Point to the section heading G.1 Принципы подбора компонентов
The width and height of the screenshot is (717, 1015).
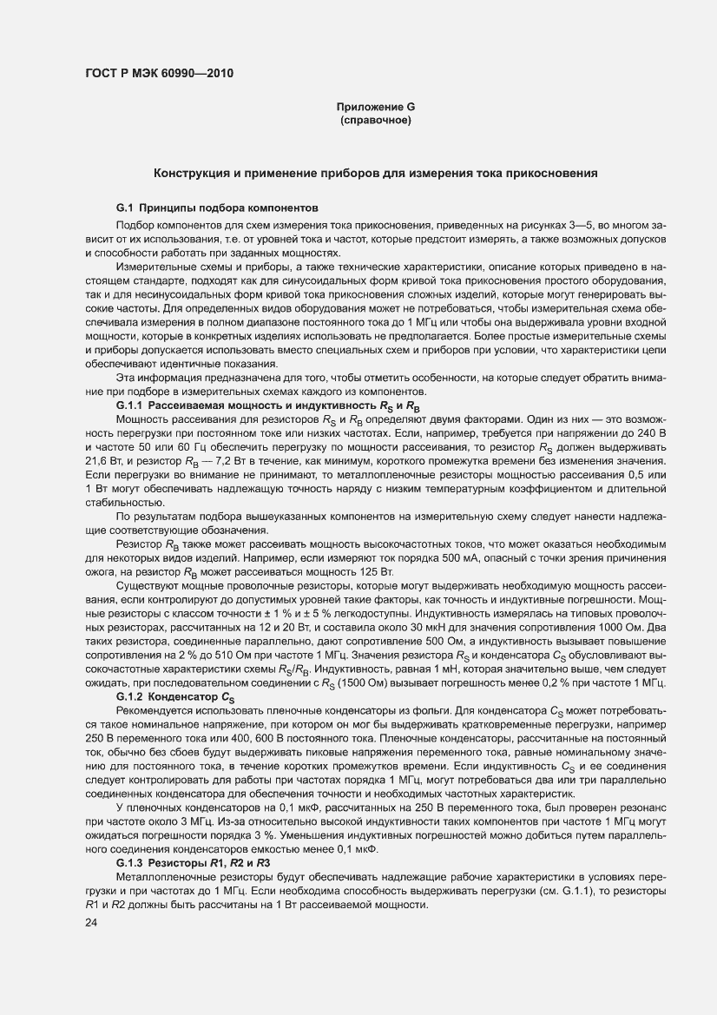(x=218, y=208)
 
